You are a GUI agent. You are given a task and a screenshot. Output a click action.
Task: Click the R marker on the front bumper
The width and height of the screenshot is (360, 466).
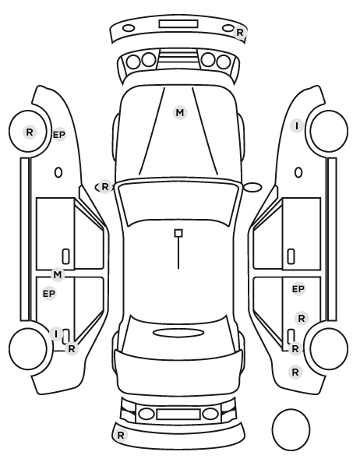[x=239, y=33]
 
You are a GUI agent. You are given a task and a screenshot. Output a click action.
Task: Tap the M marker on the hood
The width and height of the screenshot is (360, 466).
[x=180, y=113]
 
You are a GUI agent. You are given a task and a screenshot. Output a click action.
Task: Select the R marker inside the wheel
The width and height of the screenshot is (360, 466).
[x=30, y=132]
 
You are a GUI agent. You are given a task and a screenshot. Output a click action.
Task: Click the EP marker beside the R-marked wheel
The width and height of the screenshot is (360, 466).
[x=59, y=135]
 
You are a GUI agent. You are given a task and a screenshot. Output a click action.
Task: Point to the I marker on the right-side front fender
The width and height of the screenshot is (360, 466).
[x=297, y=126]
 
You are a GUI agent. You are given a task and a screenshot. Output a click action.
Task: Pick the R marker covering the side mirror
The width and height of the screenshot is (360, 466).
[x=105, y=187]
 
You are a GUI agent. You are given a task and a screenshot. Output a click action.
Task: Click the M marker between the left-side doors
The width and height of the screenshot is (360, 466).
[x=58, y=275]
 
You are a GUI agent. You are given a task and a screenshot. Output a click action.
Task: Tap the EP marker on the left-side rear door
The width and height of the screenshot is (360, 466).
[x=49, y=294]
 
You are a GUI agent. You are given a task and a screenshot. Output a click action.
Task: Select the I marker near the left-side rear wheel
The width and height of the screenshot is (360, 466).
[x=56, y=334]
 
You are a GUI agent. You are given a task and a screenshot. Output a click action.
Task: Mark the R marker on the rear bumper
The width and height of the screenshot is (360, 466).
[x=121, y=436]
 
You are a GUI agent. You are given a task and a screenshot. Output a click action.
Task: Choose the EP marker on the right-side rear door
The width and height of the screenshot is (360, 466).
[x=298, y=289]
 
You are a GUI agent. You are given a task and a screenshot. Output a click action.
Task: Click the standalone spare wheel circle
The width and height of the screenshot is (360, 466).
[x=291, y=429]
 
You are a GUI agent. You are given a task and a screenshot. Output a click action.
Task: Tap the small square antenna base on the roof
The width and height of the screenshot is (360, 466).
[x=178, y=233]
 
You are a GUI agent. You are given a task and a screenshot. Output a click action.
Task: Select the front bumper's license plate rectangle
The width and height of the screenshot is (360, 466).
[x=178, y=24]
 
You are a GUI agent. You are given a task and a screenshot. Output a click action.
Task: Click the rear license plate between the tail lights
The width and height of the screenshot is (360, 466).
[x=178, y=415]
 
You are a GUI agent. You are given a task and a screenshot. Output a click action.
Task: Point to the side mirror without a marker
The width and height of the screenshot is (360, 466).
[x=252, y=187]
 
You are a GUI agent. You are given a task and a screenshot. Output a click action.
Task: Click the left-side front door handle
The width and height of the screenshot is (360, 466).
[x=65, y=256]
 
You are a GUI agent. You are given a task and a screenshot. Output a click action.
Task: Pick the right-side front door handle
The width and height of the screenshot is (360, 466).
[x=291, y=256]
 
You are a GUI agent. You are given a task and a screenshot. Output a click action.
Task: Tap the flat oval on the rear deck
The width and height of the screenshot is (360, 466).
[x=178, y=333]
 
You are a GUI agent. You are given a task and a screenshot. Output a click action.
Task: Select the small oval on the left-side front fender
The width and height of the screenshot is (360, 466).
[x=58, y=173]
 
